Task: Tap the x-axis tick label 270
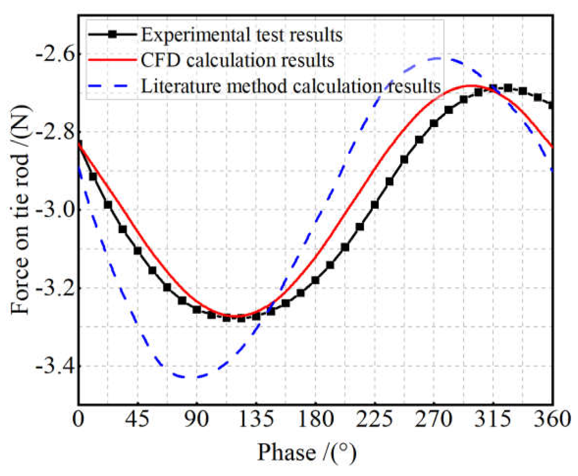pyautogui.click(x=433, y=420)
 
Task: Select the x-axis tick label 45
pyautogui.click(x=137, y=420)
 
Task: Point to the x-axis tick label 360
pyautogui.click(x=552, y=420)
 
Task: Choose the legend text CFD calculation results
pyautogui.click(x=237, y=60)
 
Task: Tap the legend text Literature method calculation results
pyautogui.click(x=291, y=86)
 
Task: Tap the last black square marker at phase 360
pyautogui.click(x=551, y=105)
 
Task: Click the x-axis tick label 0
pyautogui.click(x=78, y=420)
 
